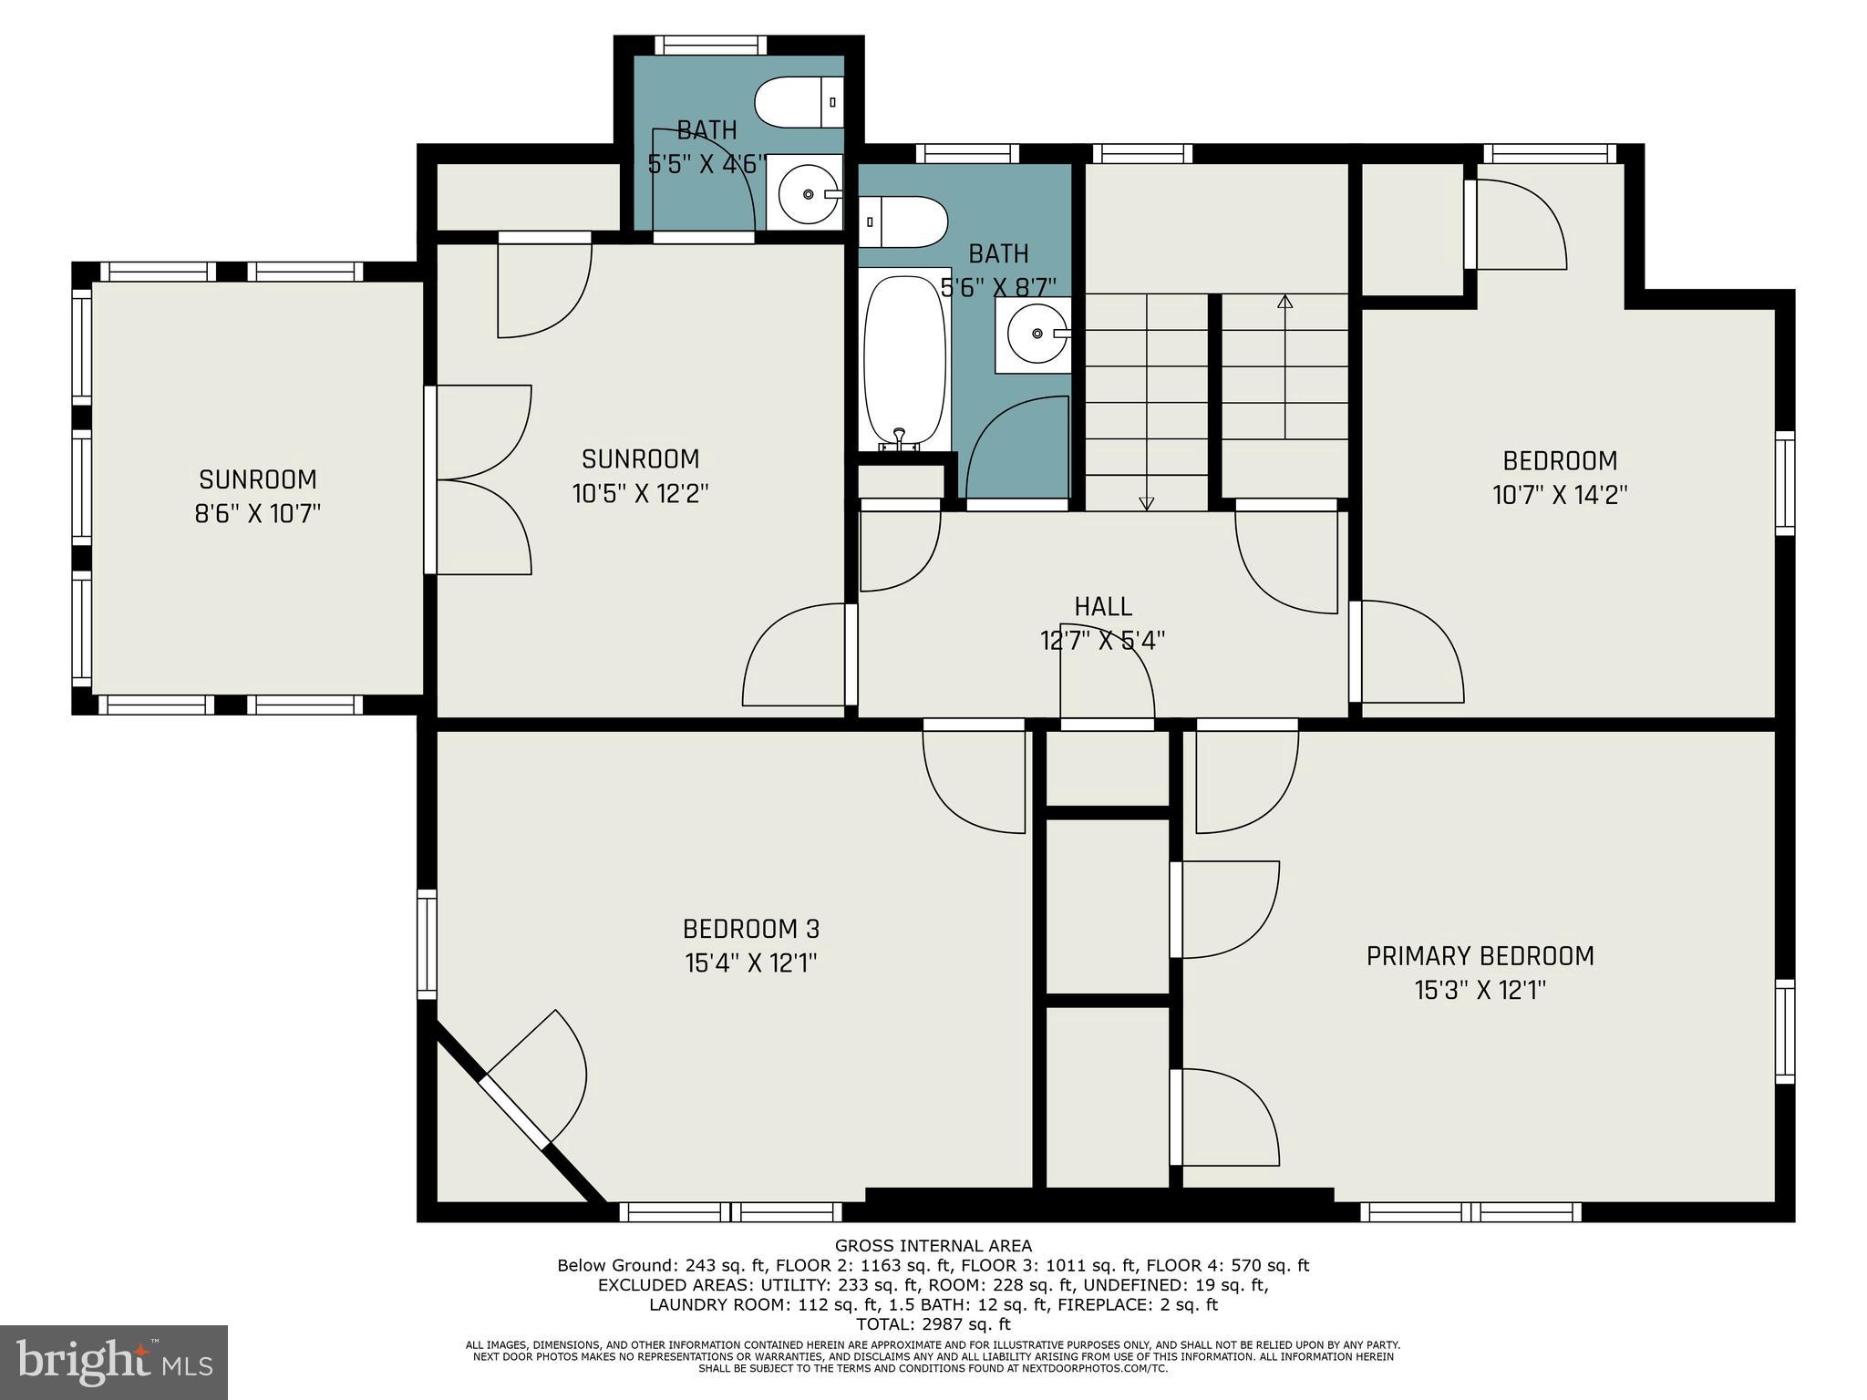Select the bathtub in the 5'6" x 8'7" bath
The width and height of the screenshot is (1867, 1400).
click(x=902, y=363)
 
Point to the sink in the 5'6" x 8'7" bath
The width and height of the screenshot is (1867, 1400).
click(x=1035, y=334)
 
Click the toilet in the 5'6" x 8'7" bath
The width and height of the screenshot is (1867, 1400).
click(x=903, y=221)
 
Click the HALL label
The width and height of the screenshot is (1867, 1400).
click(x=1103, y=606)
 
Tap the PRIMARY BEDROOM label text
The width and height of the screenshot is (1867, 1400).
click(x=1480, y=956)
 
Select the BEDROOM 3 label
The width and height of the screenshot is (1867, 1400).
click(x=750, y=929)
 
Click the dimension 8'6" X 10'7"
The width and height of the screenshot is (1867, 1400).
click(x=258, y=514)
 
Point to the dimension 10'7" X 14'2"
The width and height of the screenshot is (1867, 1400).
click(x=1560, y=495)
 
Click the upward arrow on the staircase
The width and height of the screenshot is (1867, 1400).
click(x=1285, y=303)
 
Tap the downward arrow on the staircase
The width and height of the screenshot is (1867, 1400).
click(x=1147, y=501)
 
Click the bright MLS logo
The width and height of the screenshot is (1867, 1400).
click(x=114, y=1361)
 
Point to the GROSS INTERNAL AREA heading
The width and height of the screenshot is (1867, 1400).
click(x=933, y=1246)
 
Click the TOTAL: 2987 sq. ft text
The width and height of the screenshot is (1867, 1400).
click(x=933, y=1324)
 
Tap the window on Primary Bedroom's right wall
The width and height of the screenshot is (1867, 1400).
click(x=1784, y=1031)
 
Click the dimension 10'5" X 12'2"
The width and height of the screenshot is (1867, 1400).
click(x=640, y=494)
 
